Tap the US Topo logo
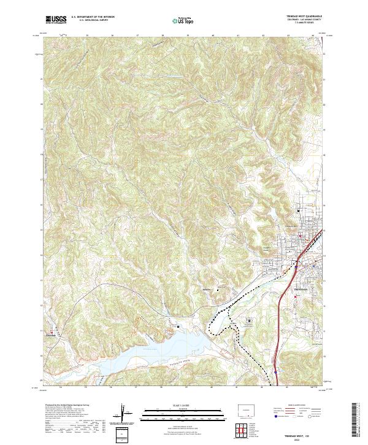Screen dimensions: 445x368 [178, 20]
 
